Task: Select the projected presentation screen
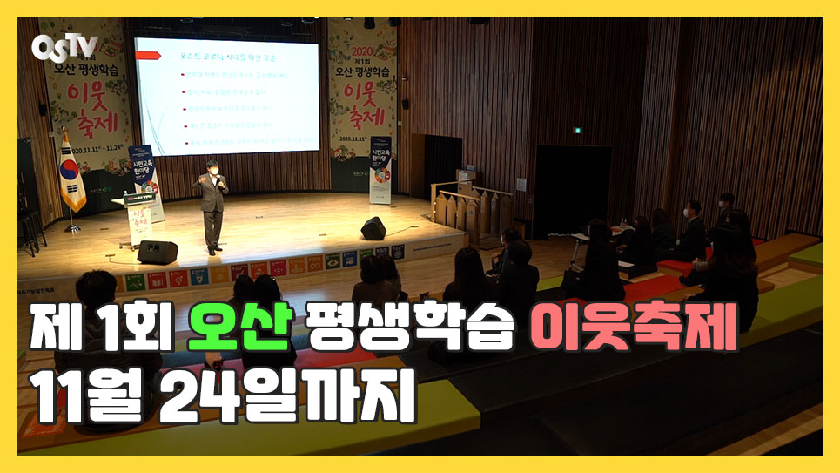(x=227, y=95)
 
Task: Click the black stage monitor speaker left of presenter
(x=157, y=252)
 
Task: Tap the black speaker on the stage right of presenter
(x=373, y=228)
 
